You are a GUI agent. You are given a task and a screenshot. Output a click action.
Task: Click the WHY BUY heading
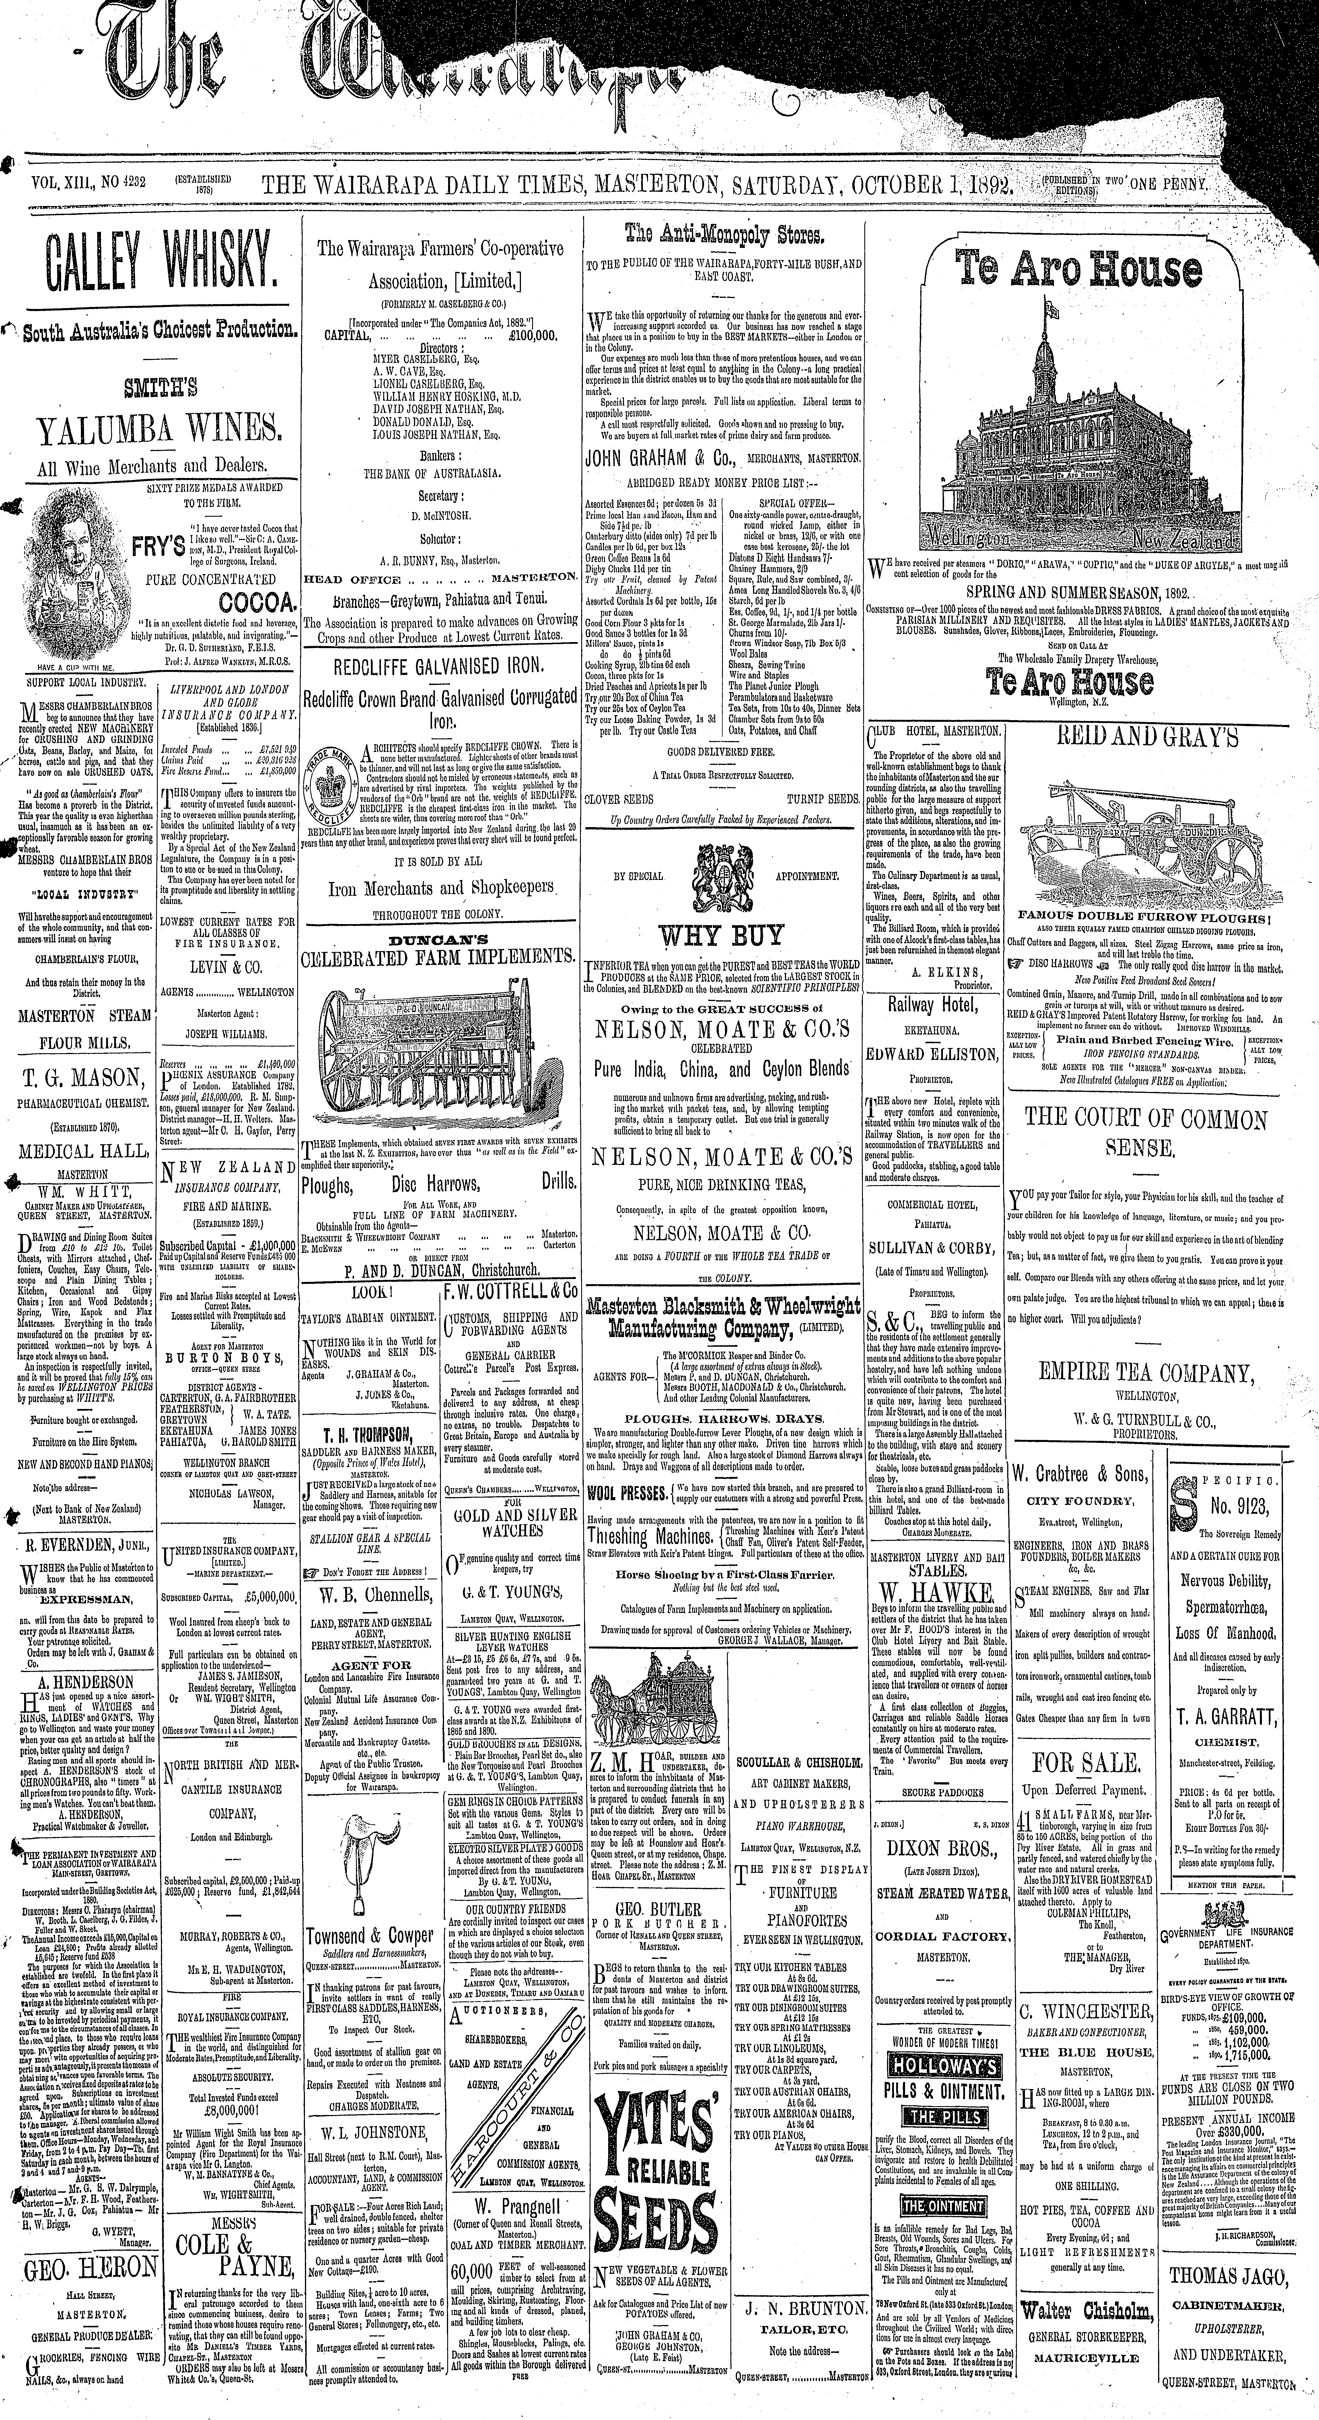[721, 935]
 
